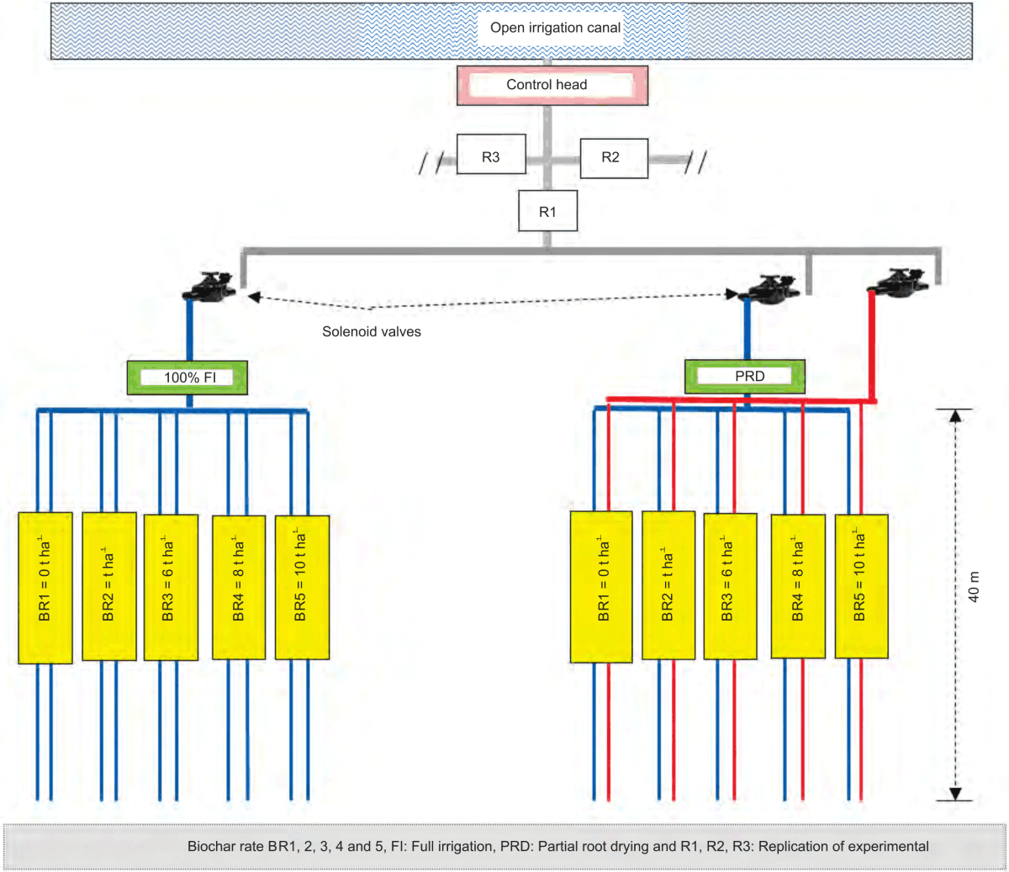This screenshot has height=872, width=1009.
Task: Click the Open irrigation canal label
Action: (x=555, y=28)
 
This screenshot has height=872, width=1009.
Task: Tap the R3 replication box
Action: (x=491, y=157)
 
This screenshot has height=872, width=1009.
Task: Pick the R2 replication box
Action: (x=613, y=158)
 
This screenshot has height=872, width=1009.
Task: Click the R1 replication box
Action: (x=547, y=212)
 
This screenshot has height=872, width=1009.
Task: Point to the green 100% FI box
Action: (x=188, y=378)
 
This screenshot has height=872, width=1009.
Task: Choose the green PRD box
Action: (x=745, y=377)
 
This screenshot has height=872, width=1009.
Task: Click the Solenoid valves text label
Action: (x=371, y=332)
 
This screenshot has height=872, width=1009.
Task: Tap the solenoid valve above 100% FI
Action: (x=209, y=288)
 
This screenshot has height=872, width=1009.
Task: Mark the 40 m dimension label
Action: (x=975, y=586)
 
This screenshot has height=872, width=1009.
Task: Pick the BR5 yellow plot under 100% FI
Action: (x=302, y=587)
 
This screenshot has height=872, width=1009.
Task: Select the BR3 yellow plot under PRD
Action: (x=730, y=587)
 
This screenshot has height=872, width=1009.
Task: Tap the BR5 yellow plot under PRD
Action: (x=861, y=586)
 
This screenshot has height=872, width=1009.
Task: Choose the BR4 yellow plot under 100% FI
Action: (x=239, y=587)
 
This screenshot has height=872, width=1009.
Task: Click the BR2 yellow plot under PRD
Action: (x=668, y=587)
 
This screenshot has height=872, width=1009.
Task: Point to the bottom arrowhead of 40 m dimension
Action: (x=955, y=793)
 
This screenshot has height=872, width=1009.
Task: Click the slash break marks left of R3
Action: (x=431, y=162)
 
